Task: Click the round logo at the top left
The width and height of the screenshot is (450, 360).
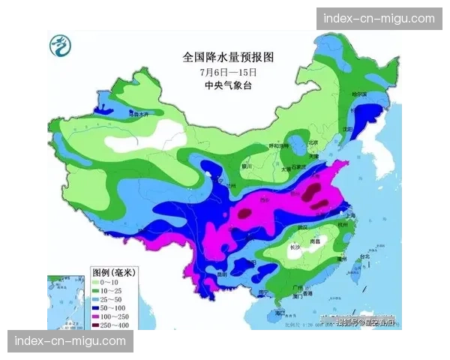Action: pos(58,47)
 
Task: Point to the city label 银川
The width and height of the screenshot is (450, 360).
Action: pos(247,166)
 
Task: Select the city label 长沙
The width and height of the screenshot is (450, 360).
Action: pos(292,247)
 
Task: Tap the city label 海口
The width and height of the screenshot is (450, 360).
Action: pos(280,312)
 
